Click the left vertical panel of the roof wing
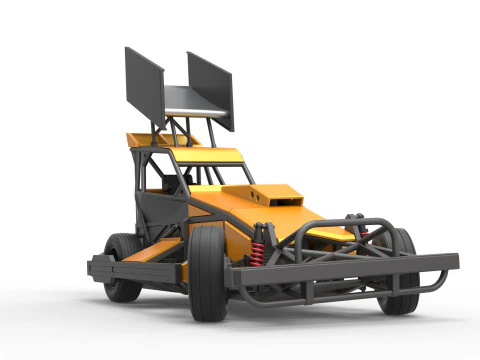tap(144, 82)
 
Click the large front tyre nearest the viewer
tap(208, 272)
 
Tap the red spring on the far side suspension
tap(364, 232)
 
